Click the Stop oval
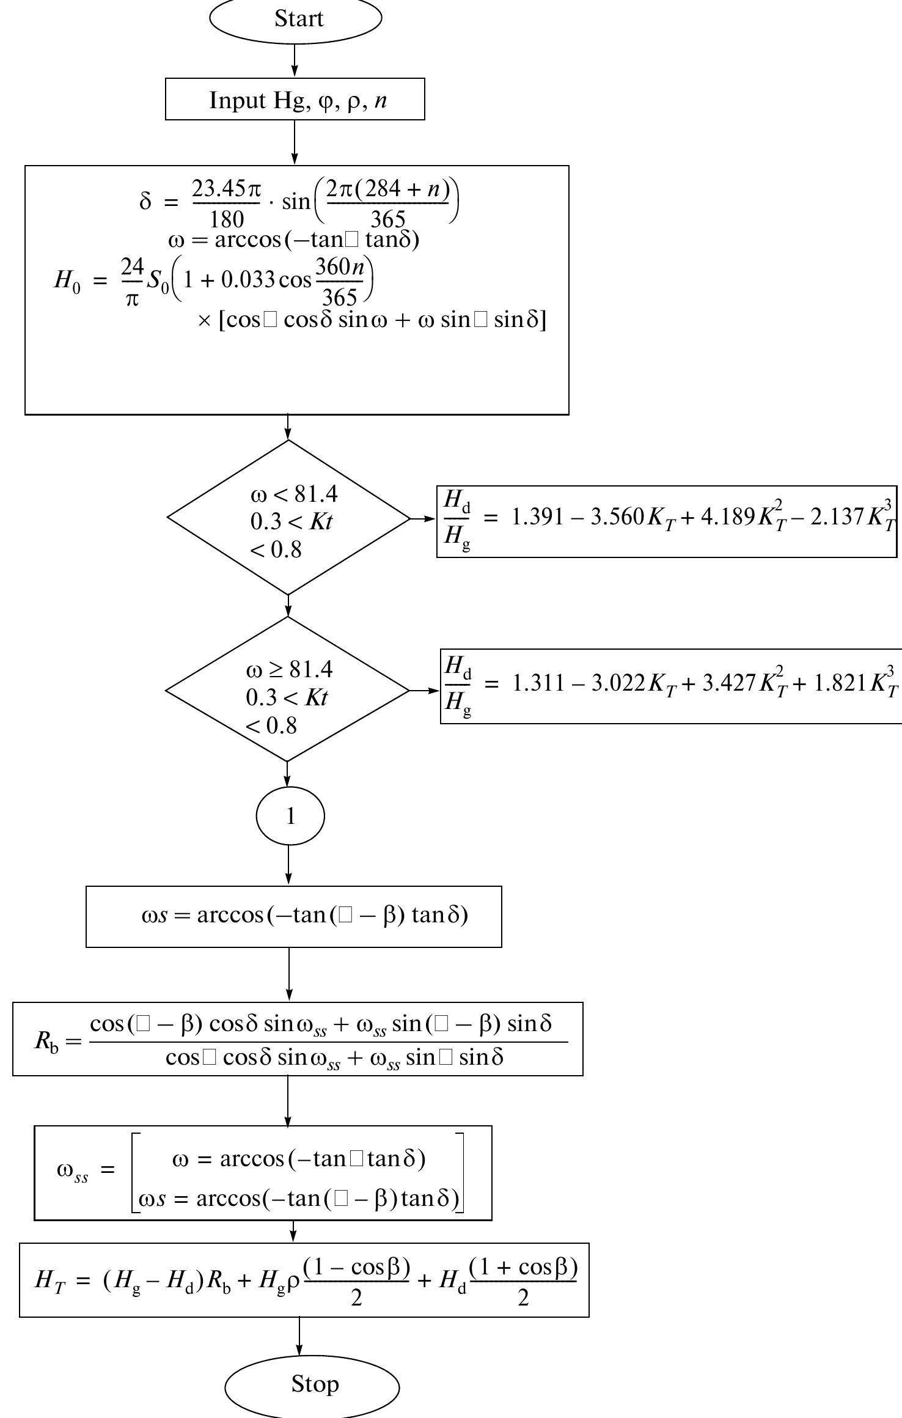pyautogui.click(x=312, y=1384)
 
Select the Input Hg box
pyautogui.click(x=295, y=100)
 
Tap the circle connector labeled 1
pyautogui.click(x=290, y=817)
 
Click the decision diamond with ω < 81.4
pyautogui.click(x=288, y=518)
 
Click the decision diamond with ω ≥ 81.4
pyautogui.click(x=287, y=690)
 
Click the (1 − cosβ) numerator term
pyautogui.click(x=356, y=1268)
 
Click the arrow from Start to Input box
pyautogui.click(x=295, y=61)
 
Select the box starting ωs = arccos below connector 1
pyautogui.click(x=293, y=916)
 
